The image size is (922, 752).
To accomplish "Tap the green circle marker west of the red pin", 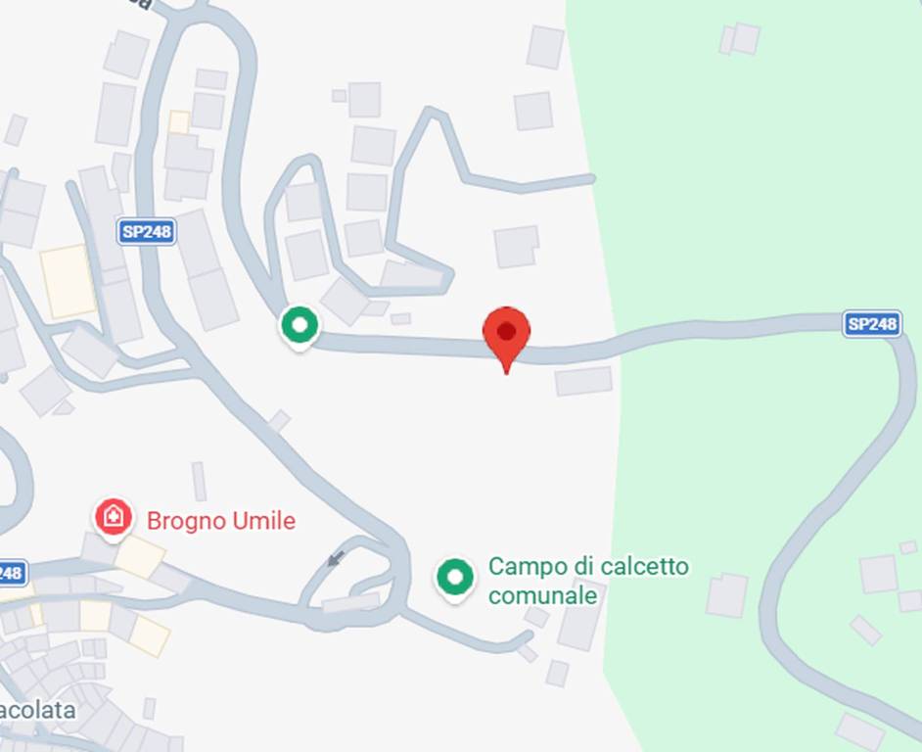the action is click(x=300, y=325).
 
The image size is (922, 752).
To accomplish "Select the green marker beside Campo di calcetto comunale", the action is click(x=454, y=578).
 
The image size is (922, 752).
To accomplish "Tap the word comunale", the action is click(x=542, y=594).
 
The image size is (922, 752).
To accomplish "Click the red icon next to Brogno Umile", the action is click(x=114, y=517).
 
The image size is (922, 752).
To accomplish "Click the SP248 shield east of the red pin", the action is click(x=871, y=324).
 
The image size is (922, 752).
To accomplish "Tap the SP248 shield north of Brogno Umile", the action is click(x=147, y=232).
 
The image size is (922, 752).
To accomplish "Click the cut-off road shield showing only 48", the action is click(x=10, y=573).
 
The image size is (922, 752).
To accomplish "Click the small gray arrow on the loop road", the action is click(x=336, y=559).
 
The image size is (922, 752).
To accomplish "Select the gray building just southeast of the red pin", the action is click(x=583, y=381).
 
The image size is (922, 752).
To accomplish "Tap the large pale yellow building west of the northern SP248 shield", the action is click(x=68, y=281).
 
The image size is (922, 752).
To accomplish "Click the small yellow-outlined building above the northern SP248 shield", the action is click(x=179, y=121).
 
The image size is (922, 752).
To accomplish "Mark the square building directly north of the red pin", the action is click(x=516, y=246).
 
